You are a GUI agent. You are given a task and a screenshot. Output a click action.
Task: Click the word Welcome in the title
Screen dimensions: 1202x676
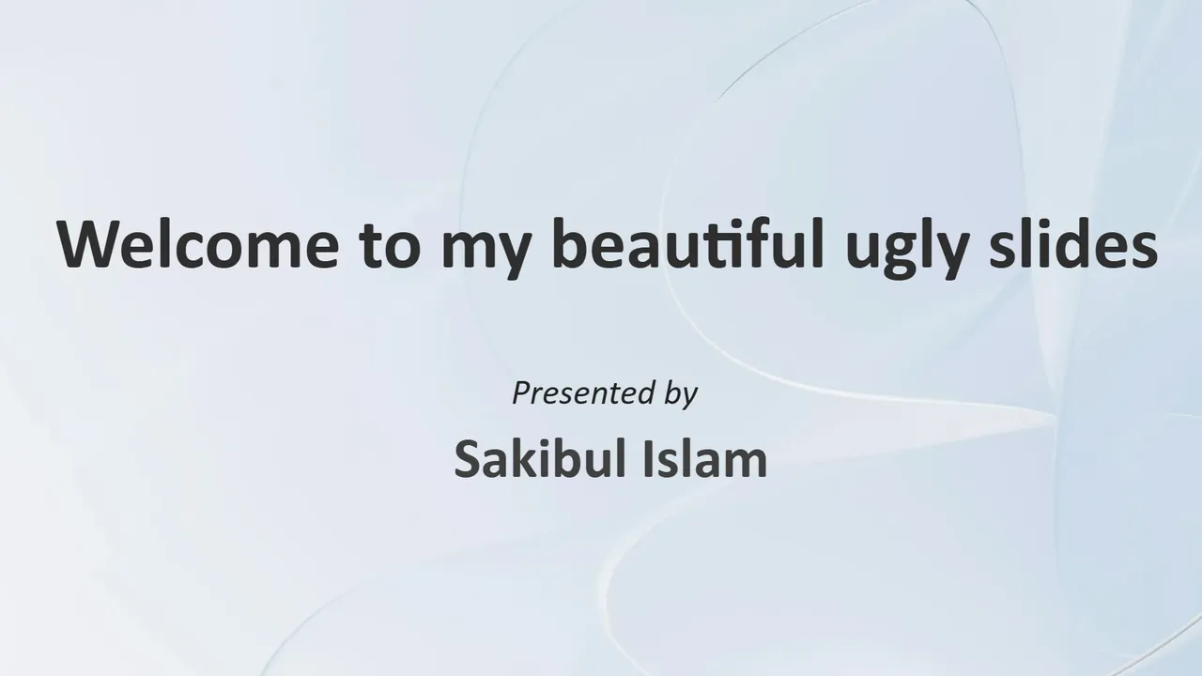point(198,243)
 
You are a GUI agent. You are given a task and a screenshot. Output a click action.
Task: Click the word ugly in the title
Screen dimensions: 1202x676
point(907,249)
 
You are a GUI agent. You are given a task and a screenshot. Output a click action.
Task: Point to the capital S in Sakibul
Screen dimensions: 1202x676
point(468,459)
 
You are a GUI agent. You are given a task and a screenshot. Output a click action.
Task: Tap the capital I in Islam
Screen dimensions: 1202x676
point(648,459)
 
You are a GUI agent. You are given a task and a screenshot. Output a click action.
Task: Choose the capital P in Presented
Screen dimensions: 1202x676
point(523,392)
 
